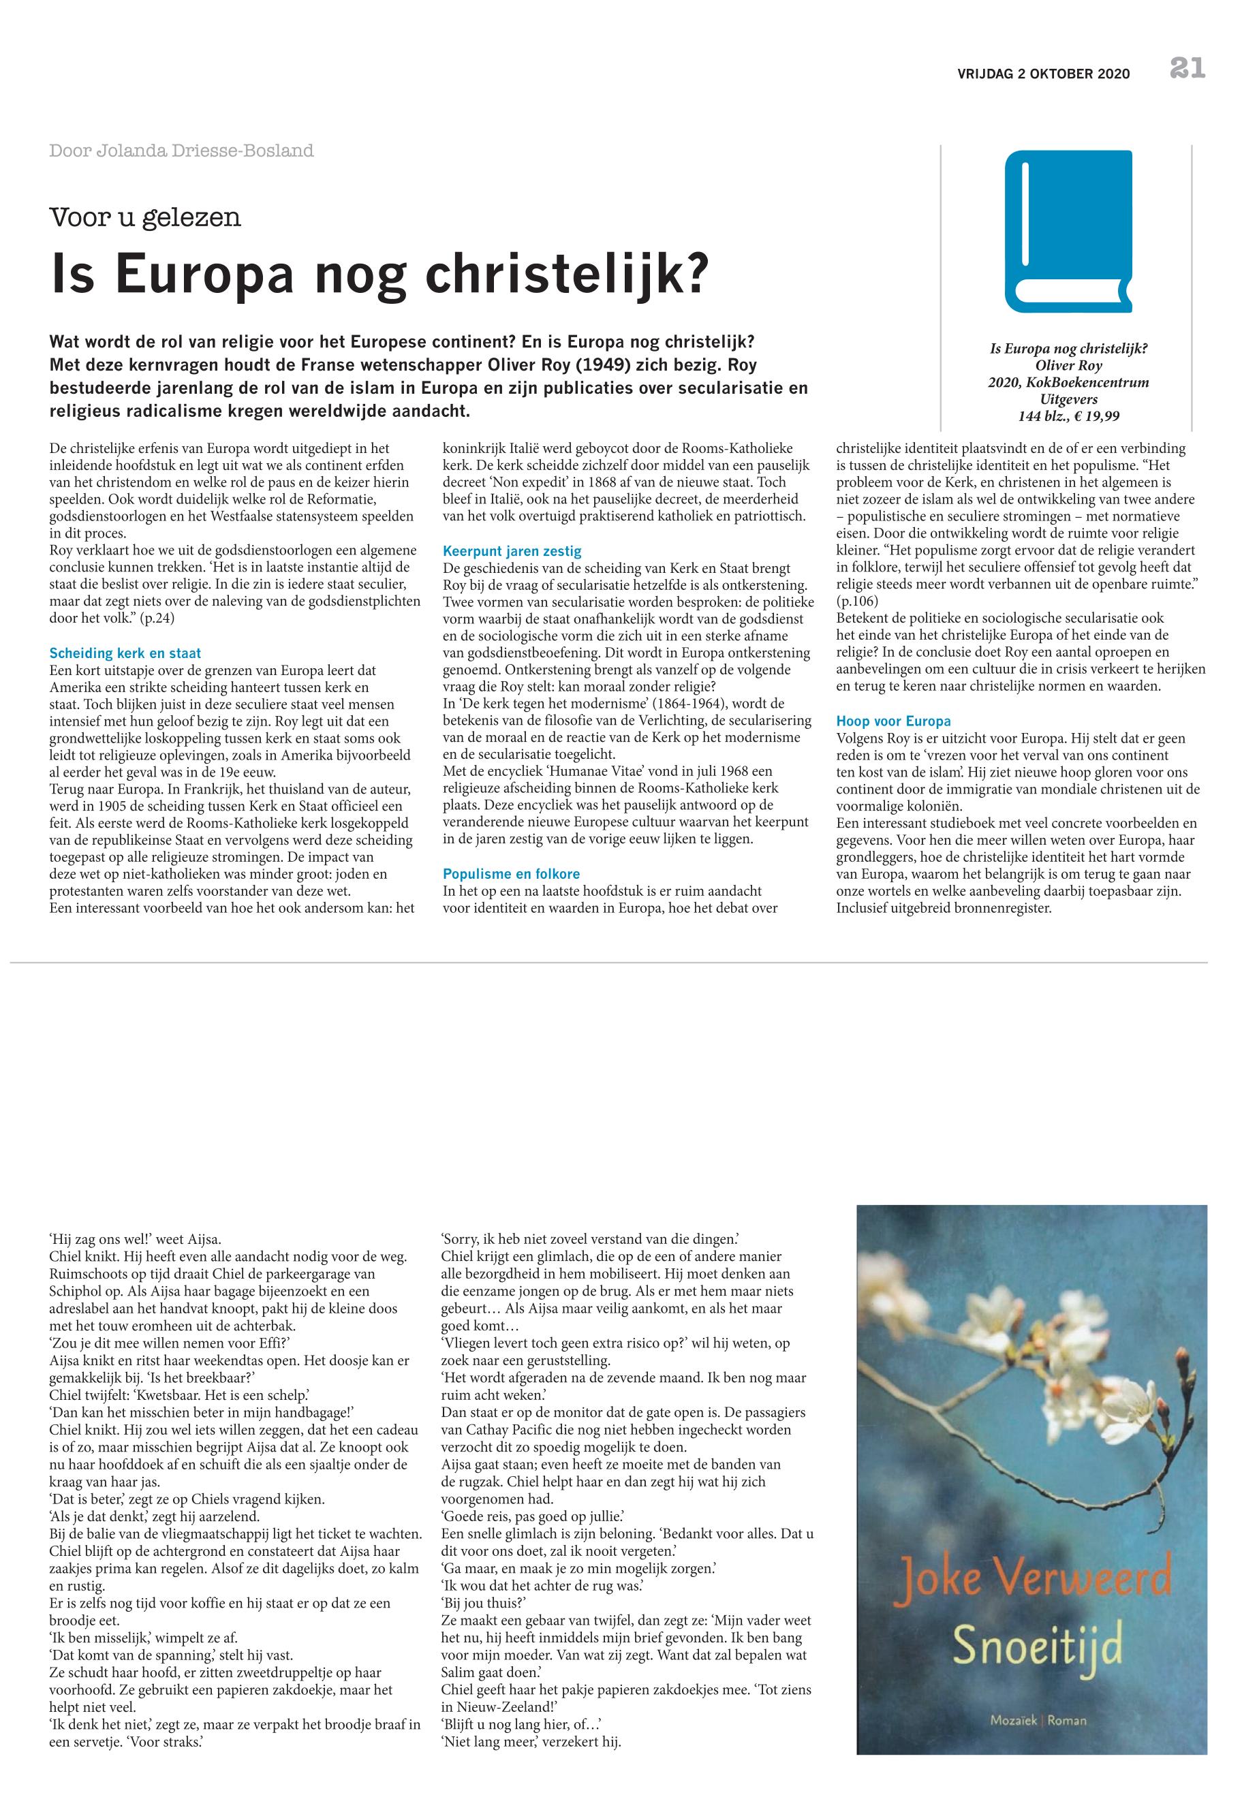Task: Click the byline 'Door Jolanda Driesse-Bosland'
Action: click(181, 151)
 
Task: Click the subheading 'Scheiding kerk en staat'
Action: click(125, 653)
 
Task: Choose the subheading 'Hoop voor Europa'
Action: click(893, 721)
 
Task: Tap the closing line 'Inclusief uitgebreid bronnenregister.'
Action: click(944, 908)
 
